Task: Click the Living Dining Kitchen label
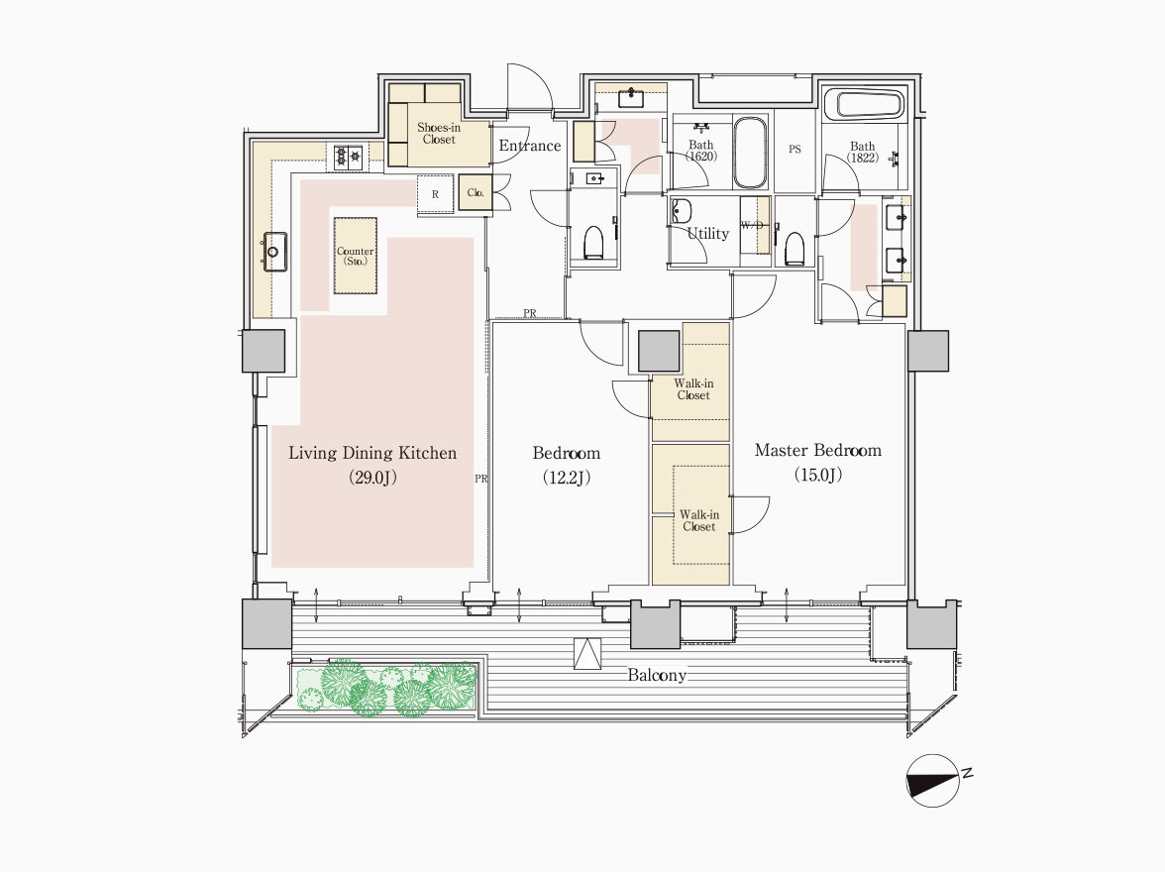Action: (x=372, y=453)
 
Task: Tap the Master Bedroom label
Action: (x=818, y=450)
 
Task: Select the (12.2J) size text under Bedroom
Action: (x=567, y=478)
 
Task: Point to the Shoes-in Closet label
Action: (x=438, y=133)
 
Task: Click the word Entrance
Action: (x=530, y=146)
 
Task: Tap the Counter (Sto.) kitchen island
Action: (x=355, y=256)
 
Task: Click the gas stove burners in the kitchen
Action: (x=348, y=157)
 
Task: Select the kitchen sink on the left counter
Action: (x=275, y=252)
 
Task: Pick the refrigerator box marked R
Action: (x=436, y=194)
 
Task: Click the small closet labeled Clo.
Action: (x=476, y=192)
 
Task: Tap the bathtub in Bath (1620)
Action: (x=751, y=153)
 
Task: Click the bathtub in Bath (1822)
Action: (x=871, y=104)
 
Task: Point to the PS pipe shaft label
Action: (x=794, y=149)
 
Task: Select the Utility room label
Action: (x=708, y=234)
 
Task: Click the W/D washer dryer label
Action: (x=752, y=225)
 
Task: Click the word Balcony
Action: (x=657, y=676)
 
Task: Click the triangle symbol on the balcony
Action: (x=586, y=654)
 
